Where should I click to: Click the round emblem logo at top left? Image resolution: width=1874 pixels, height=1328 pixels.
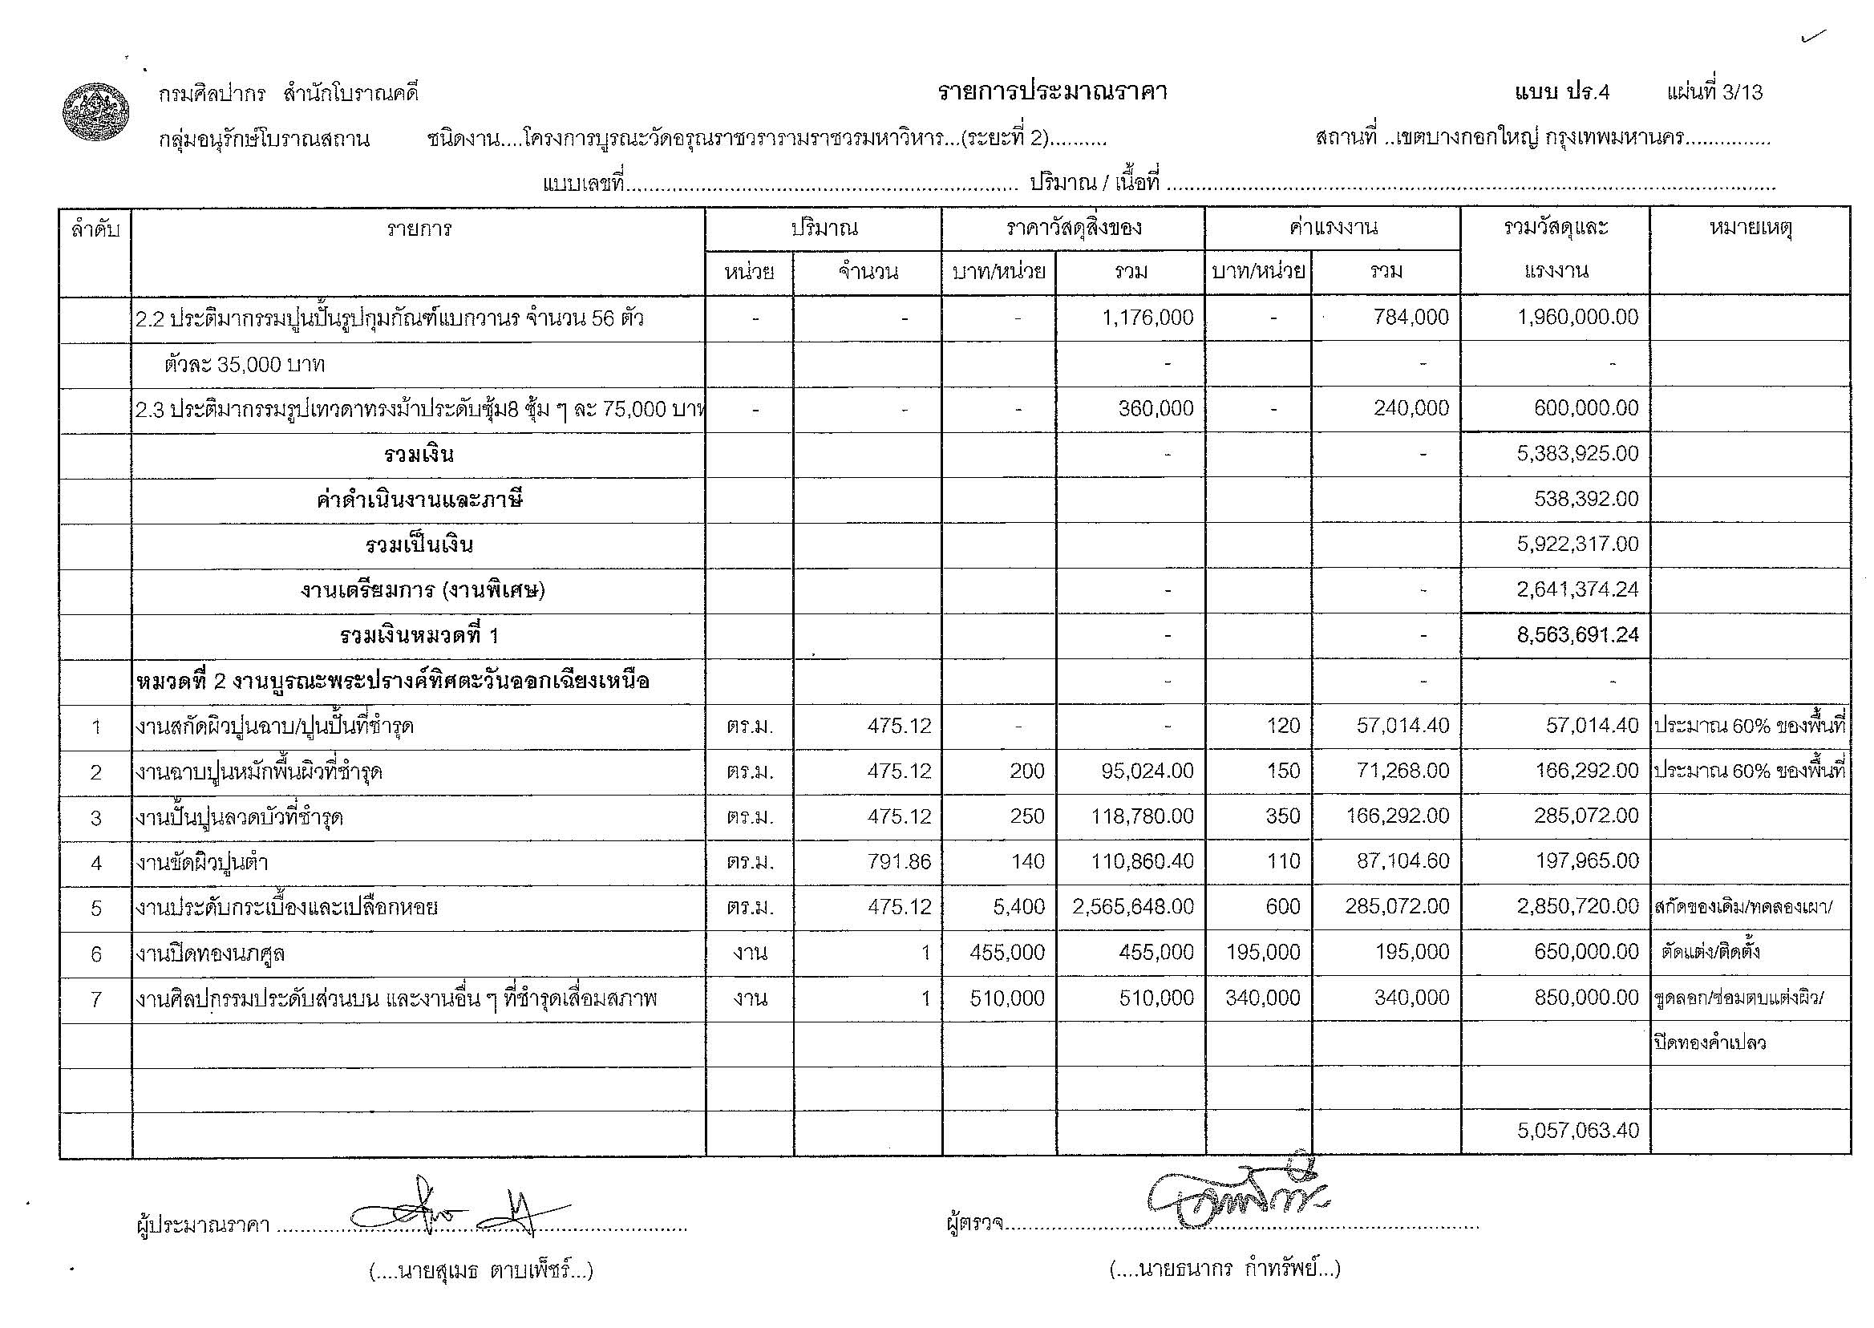[96, 112]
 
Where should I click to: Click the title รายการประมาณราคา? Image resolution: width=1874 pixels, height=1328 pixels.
[1051, 92]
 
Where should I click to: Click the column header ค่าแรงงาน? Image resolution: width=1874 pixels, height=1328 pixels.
[1332, 228]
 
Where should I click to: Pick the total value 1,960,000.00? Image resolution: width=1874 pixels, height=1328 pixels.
[1577, 318]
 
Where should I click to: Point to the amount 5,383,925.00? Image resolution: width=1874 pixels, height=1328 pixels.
[1577, 454]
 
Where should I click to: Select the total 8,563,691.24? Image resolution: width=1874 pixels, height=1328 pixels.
[1577, 635]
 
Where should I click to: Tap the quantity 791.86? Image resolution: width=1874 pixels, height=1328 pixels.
[899, 861]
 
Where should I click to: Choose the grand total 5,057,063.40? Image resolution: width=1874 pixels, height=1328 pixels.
[1577, 1131]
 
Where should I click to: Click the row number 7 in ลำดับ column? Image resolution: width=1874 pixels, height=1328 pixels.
[95, 998]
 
